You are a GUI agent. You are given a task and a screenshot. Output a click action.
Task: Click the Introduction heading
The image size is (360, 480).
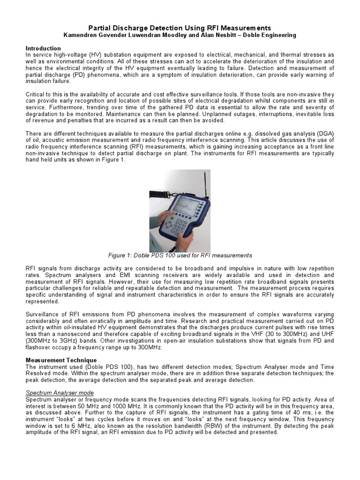(x=43, y=48)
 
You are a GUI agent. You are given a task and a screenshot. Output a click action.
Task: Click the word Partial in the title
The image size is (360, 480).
(x=101, y=28)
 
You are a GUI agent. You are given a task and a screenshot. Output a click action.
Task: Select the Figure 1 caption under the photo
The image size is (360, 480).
(x=180, y=255)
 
